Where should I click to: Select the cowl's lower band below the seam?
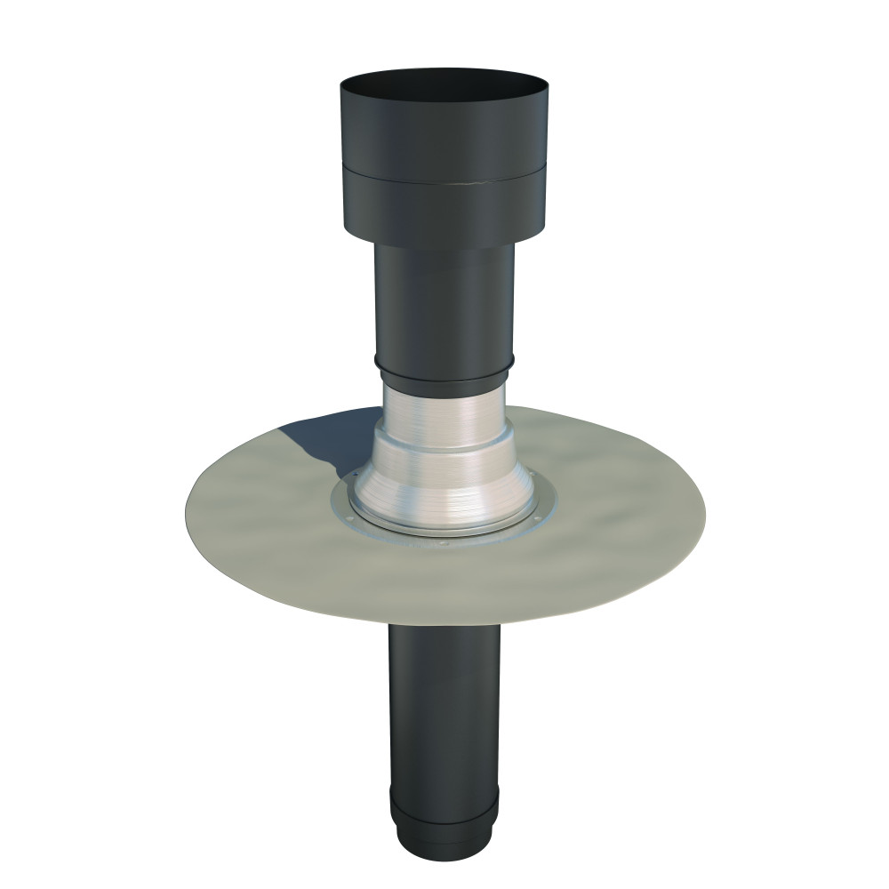pos(444,213)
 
